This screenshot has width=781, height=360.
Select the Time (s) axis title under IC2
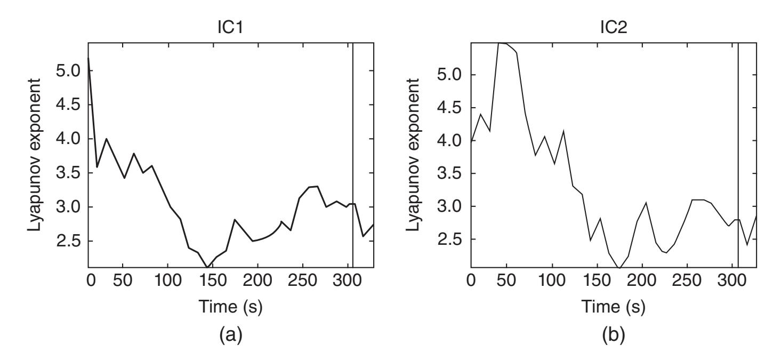(x=605, y=307)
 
